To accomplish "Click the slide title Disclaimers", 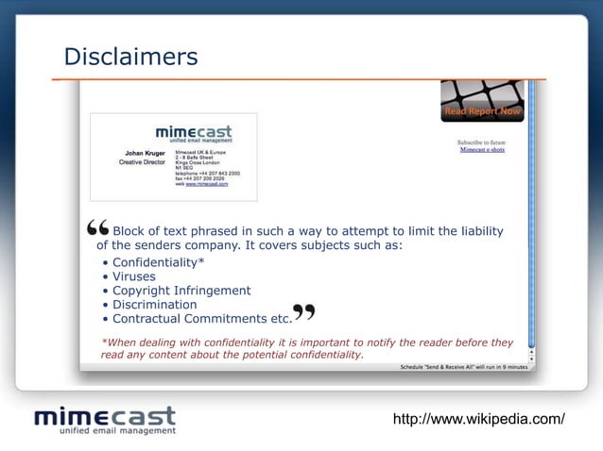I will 130,58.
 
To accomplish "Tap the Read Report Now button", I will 482,112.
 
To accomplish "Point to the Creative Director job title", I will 142,161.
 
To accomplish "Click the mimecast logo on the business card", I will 193,134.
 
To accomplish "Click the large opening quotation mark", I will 96,230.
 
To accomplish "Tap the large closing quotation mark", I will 304,313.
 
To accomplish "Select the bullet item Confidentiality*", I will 158,261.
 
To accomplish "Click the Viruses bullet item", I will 133,276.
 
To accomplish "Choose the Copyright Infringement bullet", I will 181,291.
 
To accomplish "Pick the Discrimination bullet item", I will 154,305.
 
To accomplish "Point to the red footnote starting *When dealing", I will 306,348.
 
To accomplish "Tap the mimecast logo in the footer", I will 105,419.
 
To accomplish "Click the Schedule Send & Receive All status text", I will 462,366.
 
